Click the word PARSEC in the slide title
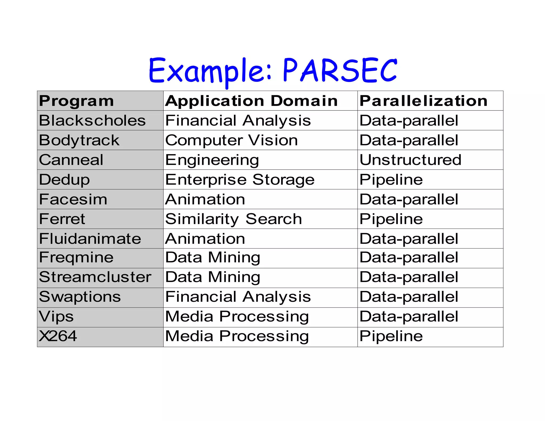340,70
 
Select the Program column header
76,101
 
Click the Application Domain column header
251,101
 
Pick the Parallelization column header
423,101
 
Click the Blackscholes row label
92,121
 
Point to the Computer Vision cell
231,140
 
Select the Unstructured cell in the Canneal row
410,160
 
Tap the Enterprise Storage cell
240,180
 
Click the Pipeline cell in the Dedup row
391,180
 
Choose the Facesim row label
73,199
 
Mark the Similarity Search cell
233,219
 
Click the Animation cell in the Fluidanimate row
205,239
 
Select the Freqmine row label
76,258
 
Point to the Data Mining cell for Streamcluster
213,277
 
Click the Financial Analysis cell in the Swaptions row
238,297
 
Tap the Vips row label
56,317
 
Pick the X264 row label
58,336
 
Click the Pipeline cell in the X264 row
391,336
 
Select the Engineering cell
212,160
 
